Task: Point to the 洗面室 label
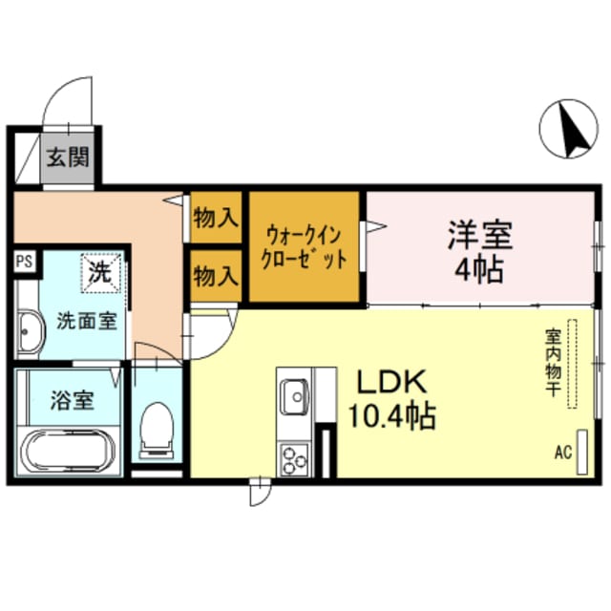point(86,321)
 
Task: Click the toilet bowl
point(155,430)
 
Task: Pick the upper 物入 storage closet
point(216,217)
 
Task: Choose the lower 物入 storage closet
point(216,278)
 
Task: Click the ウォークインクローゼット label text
point(305,246)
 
